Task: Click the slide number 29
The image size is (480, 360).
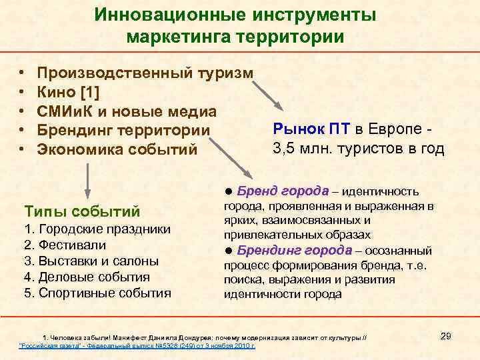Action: point(446,336)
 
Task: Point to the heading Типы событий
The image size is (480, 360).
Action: point(82,212)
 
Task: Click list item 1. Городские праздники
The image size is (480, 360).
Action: point(97,230)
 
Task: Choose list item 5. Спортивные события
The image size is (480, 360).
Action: point(97,293)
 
